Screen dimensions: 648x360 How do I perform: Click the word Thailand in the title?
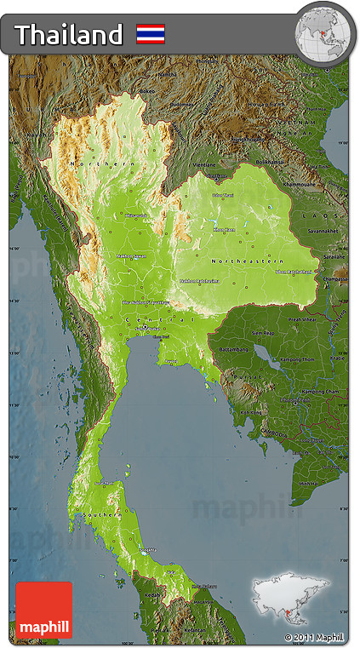pos(69,35)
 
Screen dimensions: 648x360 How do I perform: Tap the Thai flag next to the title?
pos(151,34)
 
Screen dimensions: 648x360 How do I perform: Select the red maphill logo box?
pos(43,610)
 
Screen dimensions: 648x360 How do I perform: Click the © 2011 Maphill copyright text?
pos(314,637)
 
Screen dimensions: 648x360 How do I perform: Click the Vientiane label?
pos(204,163)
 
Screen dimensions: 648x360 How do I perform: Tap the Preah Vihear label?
pos(301,318)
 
